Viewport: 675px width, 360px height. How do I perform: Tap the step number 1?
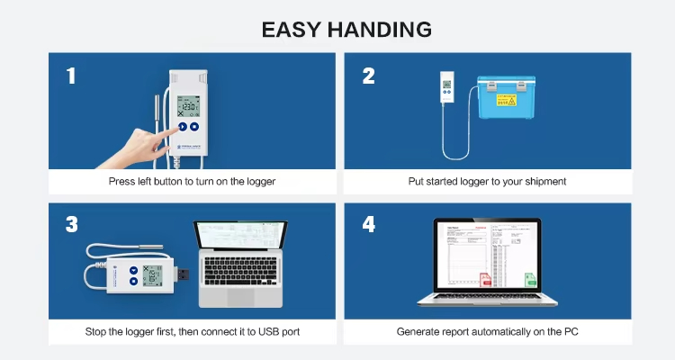(x=71, y=76)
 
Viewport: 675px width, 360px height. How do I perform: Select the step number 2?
(x=368, y=76)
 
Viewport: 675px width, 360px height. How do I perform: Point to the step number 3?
(x=71, y=225)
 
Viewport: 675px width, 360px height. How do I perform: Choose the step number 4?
(x=368, y=225)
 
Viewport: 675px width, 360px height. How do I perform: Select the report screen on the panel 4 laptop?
(x=486, y=256)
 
